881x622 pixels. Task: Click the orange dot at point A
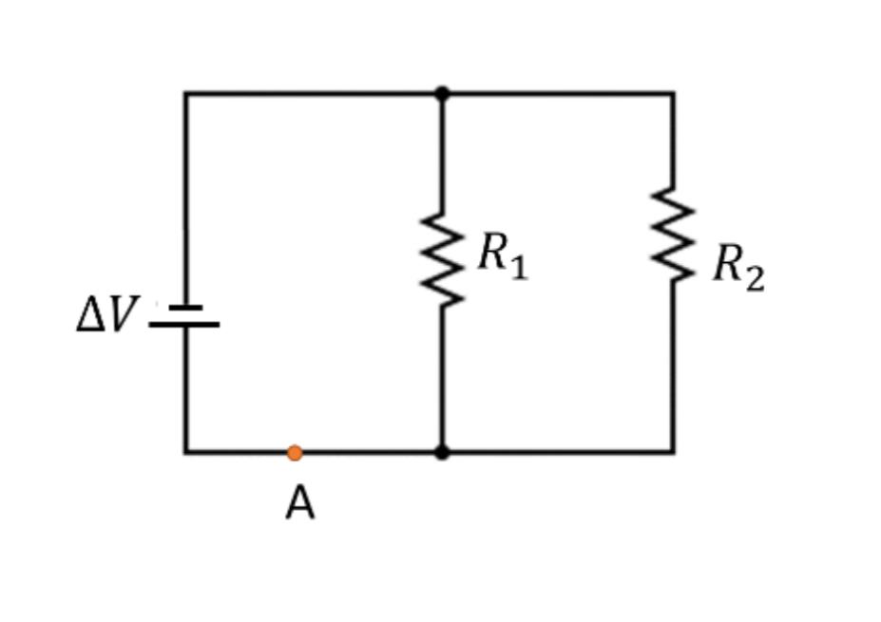(x=295, y=453)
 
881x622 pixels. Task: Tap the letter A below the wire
(x=299, y=503)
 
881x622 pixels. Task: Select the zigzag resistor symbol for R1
(x=442, y=259)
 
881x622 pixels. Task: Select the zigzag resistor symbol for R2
(x=673, y=235)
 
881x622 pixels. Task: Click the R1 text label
(x=502, y=255)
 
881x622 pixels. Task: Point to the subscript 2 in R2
(x=754, y=278)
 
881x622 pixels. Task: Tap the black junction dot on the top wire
(x=442, y=93)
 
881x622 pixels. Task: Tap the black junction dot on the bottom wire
(x=442, y=452)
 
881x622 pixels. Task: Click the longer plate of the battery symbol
(x=184, y=325)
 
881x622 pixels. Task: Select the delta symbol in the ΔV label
(x=91, y=315)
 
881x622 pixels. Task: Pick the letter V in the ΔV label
(x=122, y=315)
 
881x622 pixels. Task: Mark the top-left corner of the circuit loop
(x=185, y=93)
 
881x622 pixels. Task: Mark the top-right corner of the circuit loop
(x=673, y=93)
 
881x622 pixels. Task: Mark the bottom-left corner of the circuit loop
(x=185, y=452)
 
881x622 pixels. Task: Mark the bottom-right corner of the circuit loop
(x=673, y=452)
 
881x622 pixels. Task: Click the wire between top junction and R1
(x=442, y=152)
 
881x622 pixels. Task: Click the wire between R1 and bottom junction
(x=442, y=380)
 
